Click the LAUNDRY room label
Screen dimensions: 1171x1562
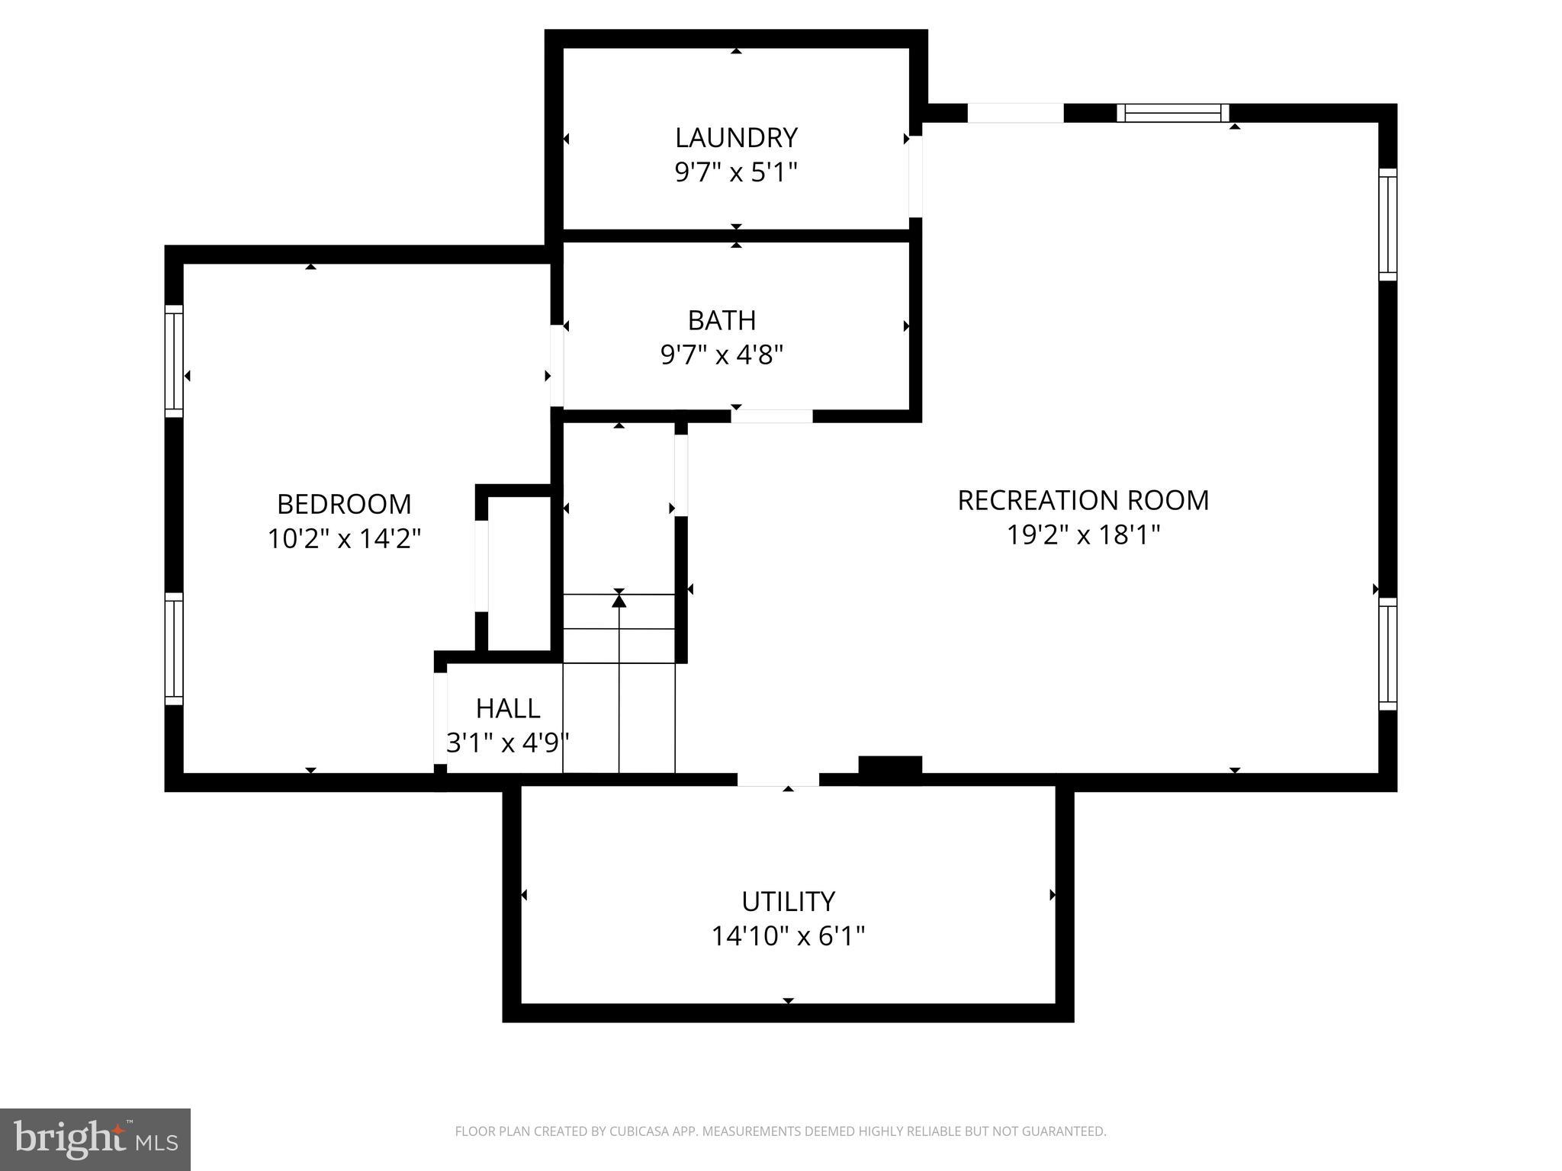coord(736,138)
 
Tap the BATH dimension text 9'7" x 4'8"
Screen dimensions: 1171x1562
coord(722,355)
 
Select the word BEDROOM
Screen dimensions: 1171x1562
coord(344,505)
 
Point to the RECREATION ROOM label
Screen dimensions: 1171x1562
coord(1083,501)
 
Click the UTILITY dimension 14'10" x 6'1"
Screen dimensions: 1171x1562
coord(788,936)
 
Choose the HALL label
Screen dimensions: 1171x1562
coord(508,709)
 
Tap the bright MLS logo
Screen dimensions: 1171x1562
coord(95,1139)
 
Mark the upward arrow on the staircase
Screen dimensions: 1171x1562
coord(619,601)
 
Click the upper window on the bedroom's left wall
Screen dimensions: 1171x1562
coord(175,361)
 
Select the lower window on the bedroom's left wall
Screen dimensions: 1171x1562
coord(175,649)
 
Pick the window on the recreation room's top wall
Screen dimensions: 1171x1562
coord(1173,114)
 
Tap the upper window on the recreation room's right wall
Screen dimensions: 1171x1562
coord(1387,225)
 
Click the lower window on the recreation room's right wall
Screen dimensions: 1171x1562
coord(1387,654)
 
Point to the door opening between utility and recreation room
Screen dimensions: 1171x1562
coord(778,779)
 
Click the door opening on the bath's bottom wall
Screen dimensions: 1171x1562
coord(772,416)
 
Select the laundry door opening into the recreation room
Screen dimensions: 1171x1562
coord(915,177)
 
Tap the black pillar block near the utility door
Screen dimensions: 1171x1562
coord(890,768)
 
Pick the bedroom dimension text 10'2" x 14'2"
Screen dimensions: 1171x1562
coord(344,540)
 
